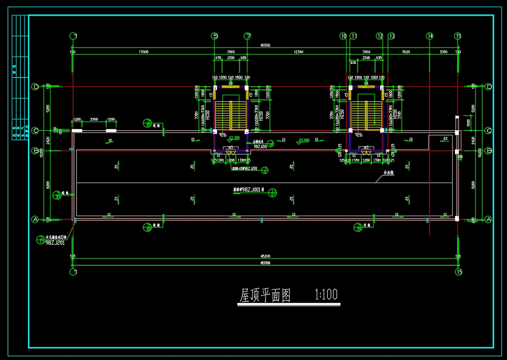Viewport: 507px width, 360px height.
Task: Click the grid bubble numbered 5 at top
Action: [215, 36]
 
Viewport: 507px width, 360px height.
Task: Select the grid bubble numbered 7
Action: [248, 36]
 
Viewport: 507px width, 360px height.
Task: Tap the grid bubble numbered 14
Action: [430, 36]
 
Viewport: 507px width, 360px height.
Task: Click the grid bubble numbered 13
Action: [391, 36]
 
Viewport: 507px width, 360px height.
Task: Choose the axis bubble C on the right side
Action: [489, 130]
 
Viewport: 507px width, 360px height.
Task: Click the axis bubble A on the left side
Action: [36, 219]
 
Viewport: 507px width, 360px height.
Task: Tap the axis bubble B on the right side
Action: [489, 151]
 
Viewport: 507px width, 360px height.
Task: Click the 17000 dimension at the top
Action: [143, 52]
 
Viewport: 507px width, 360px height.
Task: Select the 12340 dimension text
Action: [298, 52]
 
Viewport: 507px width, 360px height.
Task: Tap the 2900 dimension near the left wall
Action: [94, 120]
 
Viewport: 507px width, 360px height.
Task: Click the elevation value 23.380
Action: [234, 138]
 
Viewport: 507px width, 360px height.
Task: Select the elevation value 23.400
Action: [304, 140]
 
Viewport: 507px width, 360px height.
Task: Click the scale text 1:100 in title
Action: [326, 295]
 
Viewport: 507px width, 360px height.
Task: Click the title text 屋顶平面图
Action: [264, 295]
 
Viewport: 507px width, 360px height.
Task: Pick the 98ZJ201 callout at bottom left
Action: [55, 243]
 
